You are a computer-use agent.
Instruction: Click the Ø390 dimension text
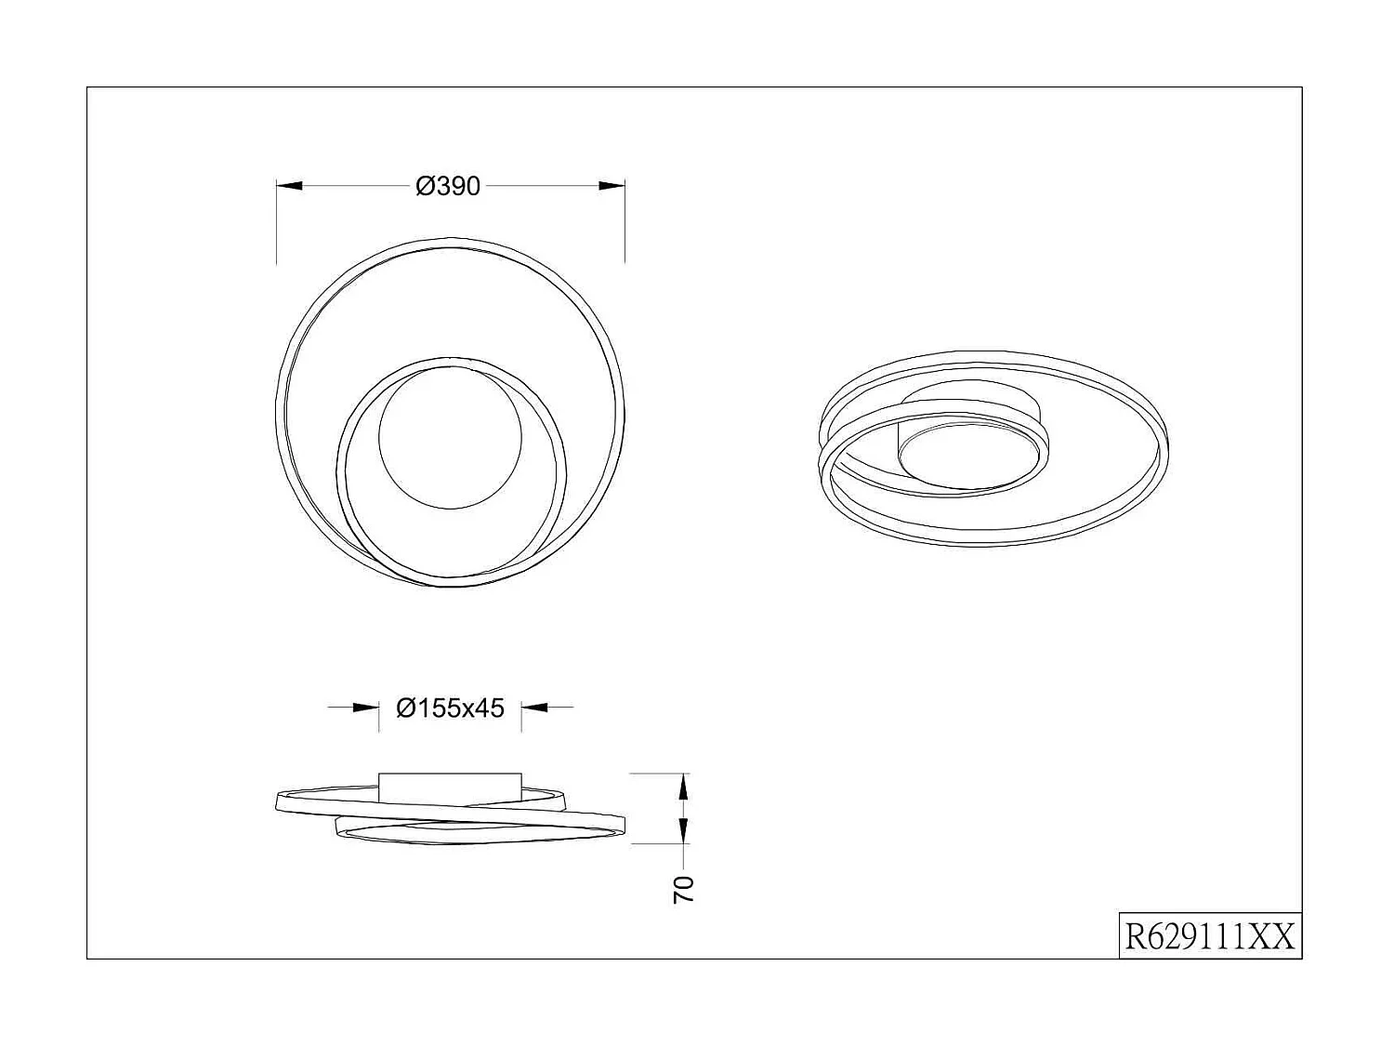point(449,187)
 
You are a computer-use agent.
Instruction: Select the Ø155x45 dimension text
point(451,708)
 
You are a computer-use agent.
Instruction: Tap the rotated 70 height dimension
point(683,889)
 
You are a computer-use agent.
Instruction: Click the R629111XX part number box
point(1209,936)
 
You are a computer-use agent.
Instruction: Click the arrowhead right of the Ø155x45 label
point(534,708)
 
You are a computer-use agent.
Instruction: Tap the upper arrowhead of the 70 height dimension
point(684,786)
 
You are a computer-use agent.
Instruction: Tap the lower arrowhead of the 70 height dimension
point(684,831)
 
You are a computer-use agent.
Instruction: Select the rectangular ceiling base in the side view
point(450,785)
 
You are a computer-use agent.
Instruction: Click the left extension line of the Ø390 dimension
point(277,223)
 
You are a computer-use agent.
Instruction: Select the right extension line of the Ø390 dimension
point(625,223)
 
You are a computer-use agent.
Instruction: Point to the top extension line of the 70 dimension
point(659,773)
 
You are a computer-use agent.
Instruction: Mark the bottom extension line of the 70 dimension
point(659,844)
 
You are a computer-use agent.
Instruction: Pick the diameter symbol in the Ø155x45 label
point(405,708)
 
